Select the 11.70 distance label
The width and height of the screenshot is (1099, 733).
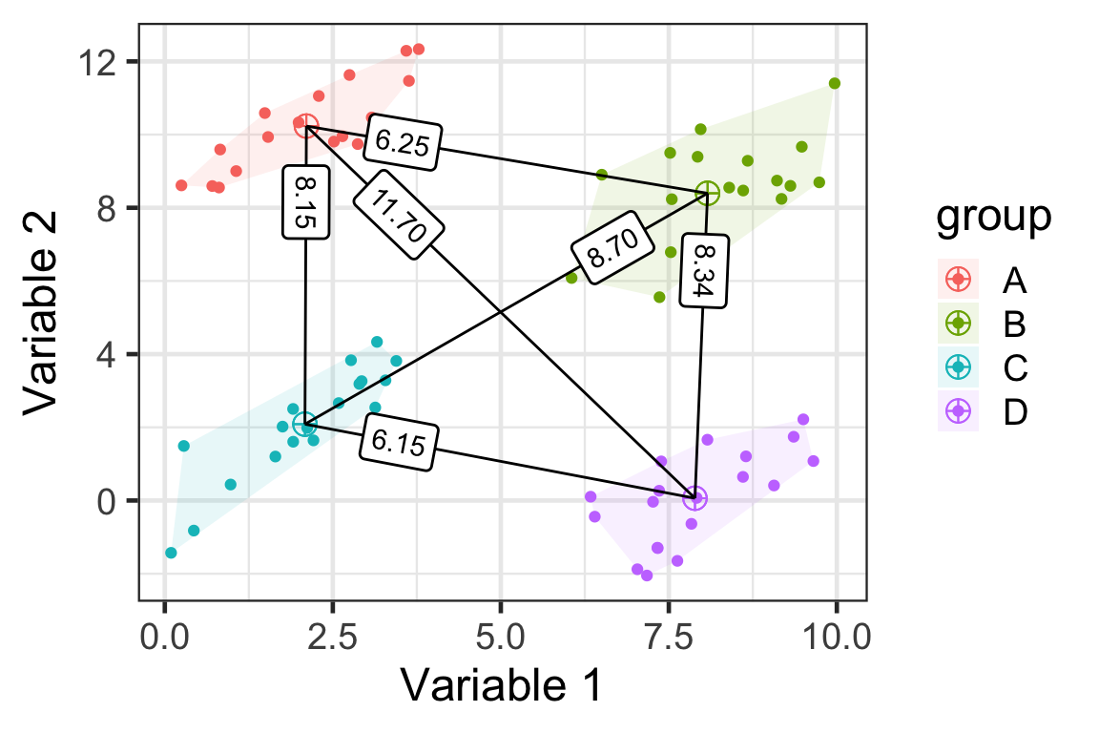[399, 214]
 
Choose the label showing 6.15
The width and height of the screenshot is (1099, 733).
[399, 445]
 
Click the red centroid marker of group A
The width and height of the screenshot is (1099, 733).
[305, 126]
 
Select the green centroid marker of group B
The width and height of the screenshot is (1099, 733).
[707, 194]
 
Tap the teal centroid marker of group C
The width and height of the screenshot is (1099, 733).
[304, 425]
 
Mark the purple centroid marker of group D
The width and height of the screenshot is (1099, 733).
[695, 497]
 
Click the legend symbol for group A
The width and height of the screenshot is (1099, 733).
[959, 281]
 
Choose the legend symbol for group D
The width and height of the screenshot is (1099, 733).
[959, 412]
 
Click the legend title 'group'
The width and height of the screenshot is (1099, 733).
[993, 218]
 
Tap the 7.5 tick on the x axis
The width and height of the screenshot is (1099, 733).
[669, 636]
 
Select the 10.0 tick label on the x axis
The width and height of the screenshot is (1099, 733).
[837, 636]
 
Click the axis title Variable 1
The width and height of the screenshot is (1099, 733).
[502, 685]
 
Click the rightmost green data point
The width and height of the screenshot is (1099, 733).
[835, 83]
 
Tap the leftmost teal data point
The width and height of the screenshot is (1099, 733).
[171, 553]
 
